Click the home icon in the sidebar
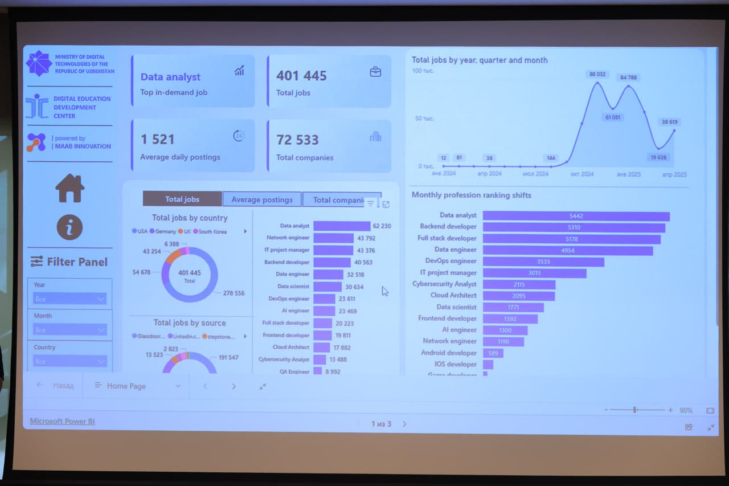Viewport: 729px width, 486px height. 70,188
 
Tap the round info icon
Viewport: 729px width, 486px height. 69,228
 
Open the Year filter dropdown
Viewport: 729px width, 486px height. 69,299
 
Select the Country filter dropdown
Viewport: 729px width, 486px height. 69,361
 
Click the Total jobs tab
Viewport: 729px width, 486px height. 182,199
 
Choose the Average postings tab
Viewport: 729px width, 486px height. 262,199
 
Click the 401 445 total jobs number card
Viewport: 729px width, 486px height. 301,76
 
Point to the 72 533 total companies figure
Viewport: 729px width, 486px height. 297,140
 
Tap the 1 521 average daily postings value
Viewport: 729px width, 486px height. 157,139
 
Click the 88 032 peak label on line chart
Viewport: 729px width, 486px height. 597,74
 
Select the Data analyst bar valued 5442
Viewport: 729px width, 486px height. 576,216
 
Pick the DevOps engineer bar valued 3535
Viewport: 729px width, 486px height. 543,262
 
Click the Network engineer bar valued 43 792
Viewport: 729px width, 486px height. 333,238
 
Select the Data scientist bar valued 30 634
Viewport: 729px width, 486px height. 327,287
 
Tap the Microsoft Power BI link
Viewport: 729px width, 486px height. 62,421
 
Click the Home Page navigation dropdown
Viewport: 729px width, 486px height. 137,386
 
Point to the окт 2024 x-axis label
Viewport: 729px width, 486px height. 582,174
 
